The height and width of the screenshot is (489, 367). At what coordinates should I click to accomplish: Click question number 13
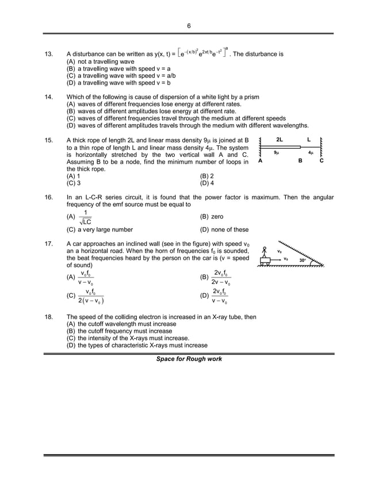[x=49, y=55]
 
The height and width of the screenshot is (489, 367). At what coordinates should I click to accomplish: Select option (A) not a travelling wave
[x=101, y=61]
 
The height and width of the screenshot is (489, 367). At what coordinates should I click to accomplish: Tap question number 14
[x=49, y=97]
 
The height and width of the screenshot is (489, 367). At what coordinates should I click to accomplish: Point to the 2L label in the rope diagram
[x=280, y=140]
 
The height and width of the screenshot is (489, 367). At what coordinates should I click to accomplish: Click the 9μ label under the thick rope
[x=277, y=153]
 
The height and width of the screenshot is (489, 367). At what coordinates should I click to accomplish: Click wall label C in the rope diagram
[x=321, y=161]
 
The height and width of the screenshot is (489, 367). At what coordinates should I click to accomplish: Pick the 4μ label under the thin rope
[x=311, y=153]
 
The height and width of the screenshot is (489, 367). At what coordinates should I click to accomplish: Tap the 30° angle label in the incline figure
[x=303, y=260]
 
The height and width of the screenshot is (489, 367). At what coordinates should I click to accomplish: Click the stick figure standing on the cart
[x=265, y=252]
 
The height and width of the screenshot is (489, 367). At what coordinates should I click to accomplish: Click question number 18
[x=49, y=317]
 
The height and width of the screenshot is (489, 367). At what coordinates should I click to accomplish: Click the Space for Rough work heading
[x=189, y=359]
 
